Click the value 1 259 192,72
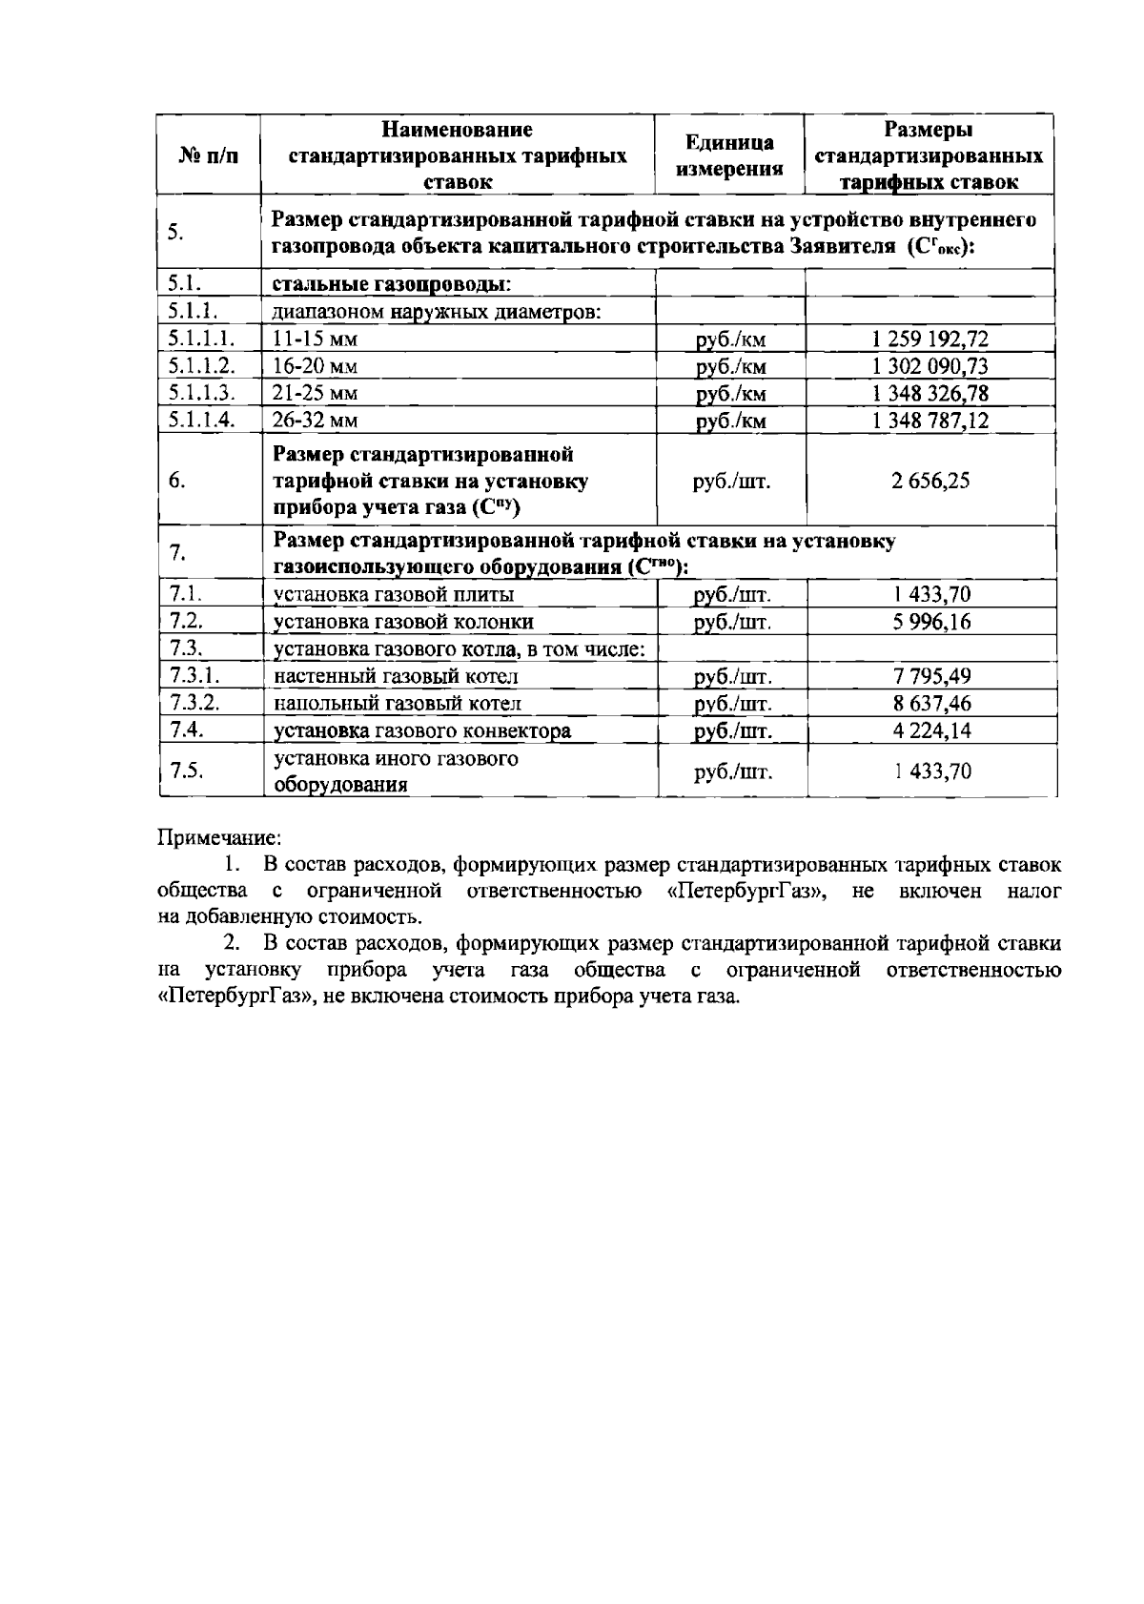929,339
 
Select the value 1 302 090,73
929,366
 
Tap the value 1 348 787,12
929,421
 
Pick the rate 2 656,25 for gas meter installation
930,481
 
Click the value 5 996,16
931,622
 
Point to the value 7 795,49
931,677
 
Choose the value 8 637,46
931,704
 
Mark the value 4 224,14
931,731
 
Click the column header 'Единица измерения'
729,155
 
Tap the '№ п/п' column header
208,155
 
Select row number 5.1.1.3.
201,393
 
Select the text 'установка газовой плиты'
394,595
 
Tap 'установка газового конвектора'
422,731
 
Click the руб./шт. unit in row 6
731,481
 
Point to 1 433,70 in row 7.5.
931,771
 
